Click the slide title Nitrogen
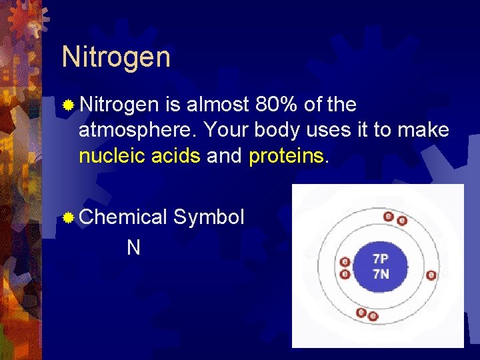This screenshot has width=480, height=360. point(116,57)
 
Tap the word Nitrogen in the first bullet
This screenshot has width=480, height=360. point(119,105)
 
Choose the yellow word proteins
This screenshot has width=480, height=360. point(287,157)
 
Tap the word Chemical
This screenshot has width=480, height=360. point(123,217)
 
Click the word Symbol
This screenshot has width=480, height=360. point(209,217)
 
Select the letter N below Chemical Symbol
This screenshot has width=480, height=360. point(133,248)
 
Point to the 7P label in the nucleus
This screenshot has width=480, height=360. point(381,259)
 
